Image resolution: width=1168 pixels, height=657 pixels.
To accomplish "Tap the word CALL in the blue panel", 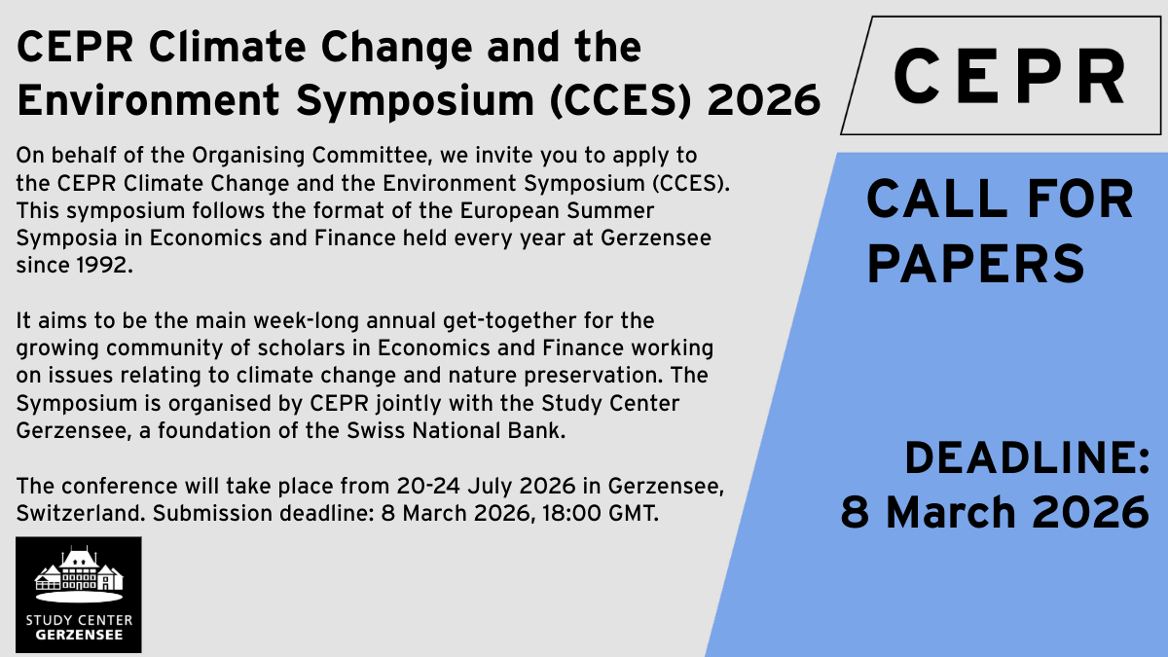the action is click(x=937, y=200).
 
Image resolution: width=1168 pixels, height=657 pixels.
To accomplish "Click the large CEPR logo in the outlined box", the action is click(x=1009, y=76).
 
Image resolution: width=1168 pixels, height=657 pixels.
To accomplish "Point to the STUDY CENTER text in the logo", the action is click(x=79, y=621).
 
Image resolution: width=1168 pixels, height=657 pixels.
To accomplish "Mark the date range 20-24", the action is click(x=428, y=486).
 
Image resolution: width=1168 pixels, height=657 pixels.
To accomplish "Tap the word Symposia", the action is click(x=66, y=238).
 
